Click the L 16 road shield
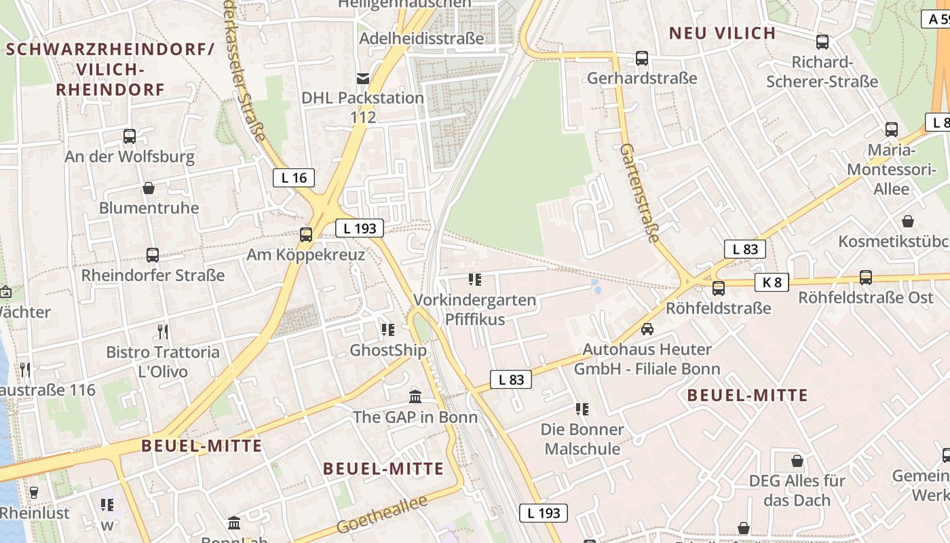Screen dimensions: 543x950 click(294, 178)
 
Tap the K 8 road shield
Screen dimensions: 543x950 click(772, 282)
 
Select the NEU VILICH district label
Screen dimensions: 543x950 click(722, 33)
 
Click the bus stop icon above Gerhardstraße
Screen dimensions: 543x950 click(642, 58)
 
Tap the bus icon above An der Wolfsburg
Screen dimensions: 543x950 click(130, 136)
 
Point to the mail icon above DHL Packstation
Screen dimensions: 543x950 click(363, 78)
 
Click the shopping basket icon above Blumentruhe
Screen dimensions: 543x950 click(149, 188)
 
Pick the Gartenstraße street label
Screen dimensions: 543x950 click(640, 193)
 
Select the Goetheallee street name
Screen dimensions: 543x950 click(382, 514)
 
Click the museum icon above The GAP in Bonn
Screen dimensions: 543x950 click(415, 396)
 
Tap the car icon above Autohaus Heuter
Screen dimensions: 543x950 click(647, 329)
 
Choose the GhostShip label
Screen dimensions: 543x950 click(388, 350)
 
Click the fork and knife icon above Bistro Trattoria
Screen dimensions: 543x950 click(163, 332)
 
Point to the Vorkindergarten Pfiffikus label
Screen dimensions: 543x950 click(475, 309)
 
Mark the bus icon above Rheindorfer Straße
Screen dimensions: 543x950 click(153, 255)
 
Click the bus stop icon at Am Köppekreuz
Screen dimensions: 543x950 click(306, 235)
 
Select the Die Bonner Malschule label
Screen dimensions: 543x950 click(582, 439)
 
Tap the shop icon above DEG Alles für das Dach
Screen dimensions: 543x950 click(797, 461)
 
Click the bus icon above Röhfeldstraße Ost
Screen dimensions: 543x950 click(866, 278)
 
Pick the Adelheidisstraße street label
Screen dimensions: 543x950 click(421, 38)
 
